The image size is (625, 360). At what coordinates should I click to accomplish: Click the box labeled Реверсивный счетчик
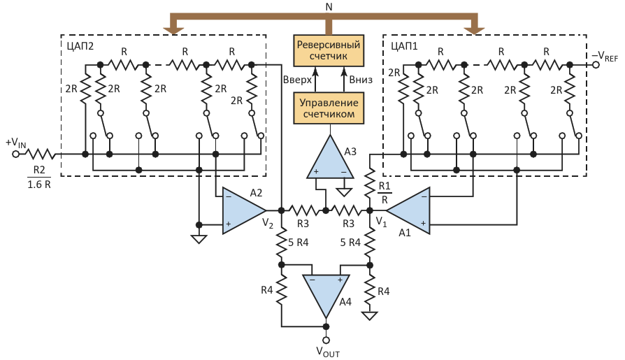[329, 51]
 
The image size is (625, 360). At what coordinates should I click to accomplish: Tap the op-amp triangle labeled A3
[329, 159]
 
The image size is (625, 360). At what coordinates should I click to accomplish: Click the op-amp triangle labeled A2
[241, 210]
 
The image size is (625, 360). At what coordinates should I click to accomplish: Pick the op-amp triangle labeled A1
[408, 210]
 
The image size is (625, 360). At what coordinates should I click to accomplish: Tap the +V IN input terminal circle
[16, 154]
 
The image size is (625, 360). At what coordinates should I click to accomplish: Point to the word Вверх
[296, 80]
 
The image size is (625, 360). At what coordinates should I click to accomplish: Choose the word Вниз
[360, 80]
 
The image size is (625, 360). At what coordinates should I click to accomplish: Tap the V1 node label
[381, 222]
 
